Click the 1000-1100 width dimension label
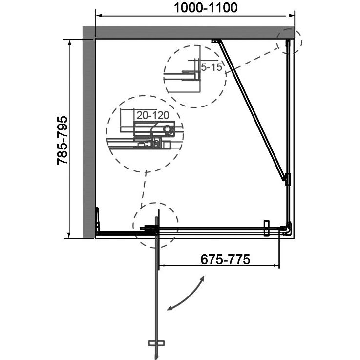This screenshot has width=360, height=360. coord(206,8)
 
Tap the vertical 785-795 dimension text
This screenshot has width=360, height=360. coord(63,141)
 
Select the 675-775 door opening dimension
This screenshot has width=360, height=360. coord(225,260)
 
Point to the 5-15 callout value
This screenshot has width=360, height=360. coord(212,67)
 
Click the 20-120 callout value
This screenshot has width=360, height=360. coord(153,115)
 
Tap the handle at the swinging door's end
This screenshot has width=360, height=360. coord(156,343)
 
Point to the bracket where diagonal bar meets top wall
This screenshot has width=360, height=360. coord(216,42)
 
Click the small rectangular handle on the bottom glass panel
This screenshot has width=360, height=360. coord(266,228)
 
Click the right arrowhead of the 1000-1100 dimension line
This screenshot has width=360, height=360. coord(291,16)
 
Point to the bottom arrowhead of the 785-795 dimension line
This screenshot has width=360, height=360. coord(69,235)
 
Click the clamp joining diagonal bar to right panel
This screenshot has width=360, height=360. coord(288,179)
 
